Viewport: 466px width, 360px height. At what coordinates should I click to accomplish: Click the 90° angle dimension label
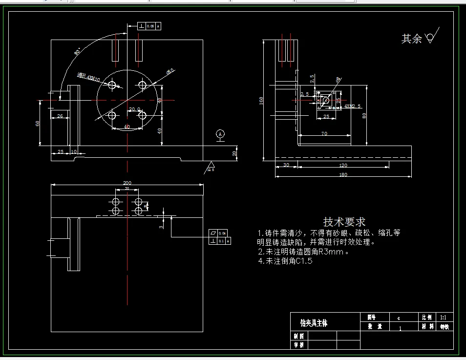(x=77, y=52)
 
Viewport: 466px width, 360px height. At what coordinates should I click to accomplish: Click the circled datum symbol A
(x=220, y=133)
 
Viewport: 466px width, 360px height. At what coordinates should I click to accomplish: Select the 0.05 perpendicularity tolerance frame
(x=149, y=25)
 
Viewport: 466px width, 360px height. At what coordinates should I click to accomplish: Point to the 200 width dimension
(x=127, y=183)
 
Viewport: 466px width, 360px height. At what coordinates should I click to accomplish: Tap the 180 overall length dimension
(x=343, y=175)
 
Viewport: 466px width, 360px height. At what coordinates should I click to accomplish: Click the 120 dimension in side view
(x=343, y=166)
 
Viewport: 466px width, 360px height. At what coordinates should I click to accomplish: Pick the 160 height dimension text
(x=261, y=100)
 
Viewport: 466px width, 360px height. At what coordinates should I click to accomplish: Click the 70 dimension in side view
(x=324, y=133)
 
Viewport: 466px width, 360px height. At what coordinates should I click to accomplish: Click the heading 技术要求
(x=344, y=222)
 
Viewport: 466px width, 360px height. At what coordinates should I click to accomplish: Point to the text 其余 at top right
(x=411, y=39)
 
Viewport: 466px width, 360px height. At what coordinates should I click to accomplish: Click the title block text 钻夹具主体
(x=314, y=323)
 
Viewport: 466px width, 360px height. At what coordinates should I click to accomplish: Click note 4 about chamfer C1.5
(x=286, y=261)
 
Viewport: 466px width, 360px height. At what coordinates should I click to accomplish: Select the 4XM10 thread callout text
(x=89, y=77)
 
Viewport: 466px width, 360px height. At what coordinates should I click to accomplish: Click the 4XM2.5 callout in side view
(x=352, y=106)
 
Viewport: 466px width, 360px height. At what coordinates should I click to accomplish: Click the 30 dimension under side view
(x=286, y=166)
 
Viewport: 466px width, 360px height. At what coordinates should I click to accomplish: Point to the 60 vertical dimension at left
(x=38, y=123)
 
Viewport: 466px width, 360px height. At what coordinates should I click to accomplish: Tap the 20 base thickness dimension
(x=234, y=153)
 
